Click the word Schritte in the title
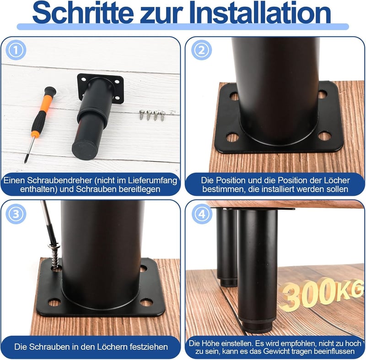(83, 13)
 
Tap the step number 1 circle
(16, 50)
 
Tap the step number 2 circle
(201, 50)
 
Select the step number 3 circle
(16, 214)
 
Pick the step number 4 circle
(202, 214)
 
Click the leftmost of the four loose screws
(141, 115)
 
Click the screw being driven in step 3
(55, 256)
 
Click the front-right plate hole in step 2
(324, 136)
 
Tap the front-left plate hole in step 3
(54, 303)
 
